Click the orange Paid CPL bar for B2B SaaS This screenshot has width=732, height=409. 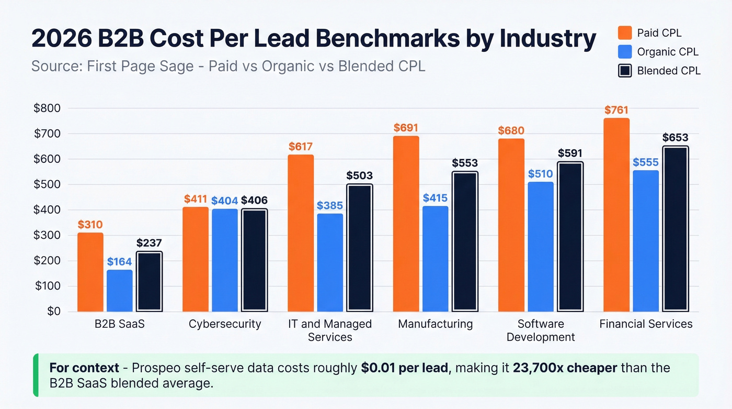coord(90,272)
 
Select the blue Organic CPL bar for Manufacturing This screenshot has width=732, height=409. coord(435,259)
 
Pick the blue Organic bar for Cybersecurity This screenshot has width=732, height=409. coord(225,260)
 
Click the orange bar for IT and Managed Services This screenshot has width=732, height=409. coord(301,233)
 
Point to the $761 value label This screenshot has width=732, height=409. coord(616,110)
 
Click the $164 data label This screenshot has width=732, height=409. coord(120,261)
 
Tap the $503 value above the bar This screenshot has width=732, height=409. coord(359,175)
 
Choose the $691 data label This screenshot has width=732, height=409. coord(406,128)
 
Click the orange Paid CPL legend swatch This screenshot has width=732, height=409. coord(625,32)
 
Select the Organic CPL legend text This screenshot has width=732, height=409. coord(668,52)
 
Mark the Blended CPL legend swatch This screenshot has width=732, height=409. coord(625,70)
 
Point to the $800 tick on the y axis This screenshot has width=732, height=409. coord(47,108)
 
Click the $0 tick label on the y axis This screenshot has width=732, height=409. coord(54,311)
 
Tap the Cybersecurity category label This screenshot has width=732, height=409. coord(225,324)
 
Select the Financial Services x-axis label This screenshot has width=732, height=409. coord(646,324)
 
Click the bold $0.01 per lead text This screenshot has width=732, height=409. coord(404,368)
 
